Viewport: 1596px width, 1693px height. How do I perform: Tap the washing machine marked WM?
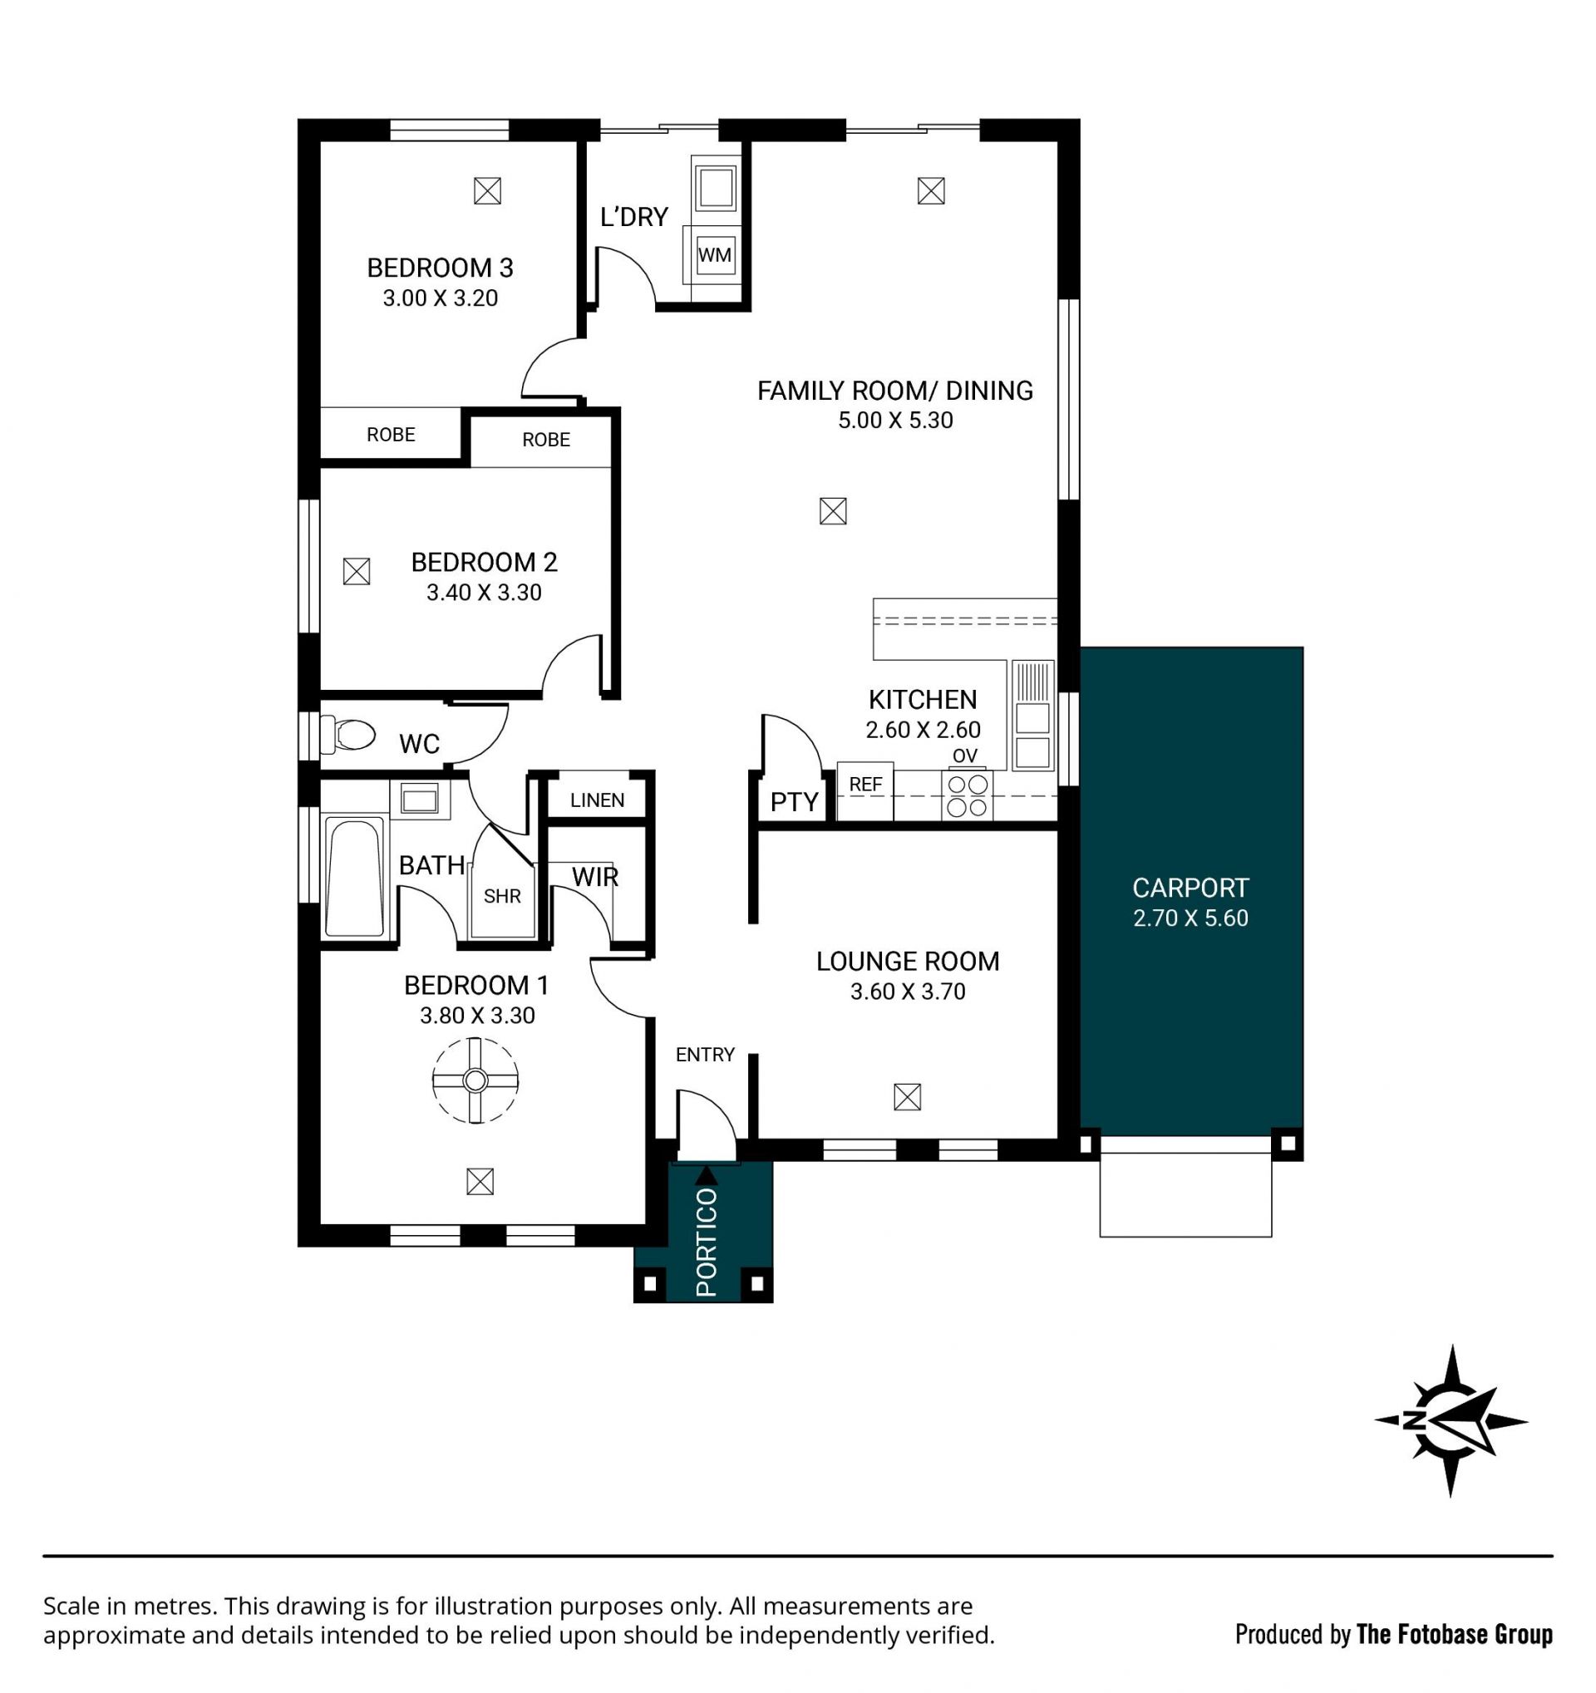pos(714,254)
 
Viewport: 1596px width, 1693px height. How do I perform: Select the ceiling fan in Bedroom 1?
pos(475,1080)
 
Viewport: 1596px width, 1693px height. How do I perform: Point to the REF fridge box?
pos(864,792)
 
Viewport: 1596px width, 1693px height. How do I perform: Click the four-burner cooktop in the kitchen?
pos(967,795)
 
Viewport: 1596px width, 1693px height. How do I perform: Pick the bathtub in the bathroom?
pos(354,877)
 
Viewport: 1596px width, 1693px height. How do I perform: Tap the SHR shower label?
pos(501,896)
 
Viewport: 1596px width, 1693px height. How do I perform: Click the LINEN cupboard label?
pos(597,800)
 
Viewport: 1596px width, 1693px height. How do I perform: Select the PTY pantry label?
pos(794,801)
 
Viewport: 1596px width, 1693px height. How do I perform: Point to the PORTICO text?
pos(706,1243)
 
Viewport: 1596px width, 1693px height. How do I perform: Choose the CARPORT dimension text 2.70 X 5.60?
pos(1190,918)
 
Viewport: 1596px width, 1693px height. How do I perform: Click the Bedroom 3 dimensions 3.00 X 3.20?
pos(440,298)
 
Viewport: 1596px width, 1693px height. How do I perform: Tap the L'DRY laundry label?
pos(633,217)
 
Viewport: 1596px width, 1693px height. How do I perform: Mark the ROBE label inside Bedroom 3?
pos(391,435)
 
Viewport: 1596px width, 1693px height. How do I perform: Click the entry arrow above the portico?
pos(706,1175)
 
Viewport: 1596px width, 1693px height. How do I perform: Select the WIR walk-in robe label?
pos(594,876)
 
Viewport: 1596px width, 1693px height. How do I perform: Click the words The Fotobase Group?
pos(1455,1633)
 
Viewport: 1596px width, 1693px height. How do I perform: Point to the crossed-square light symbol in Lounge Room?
pos(907,1097)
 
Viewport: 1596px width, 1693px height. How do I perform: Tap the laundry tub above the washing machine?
pos(715,187)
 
